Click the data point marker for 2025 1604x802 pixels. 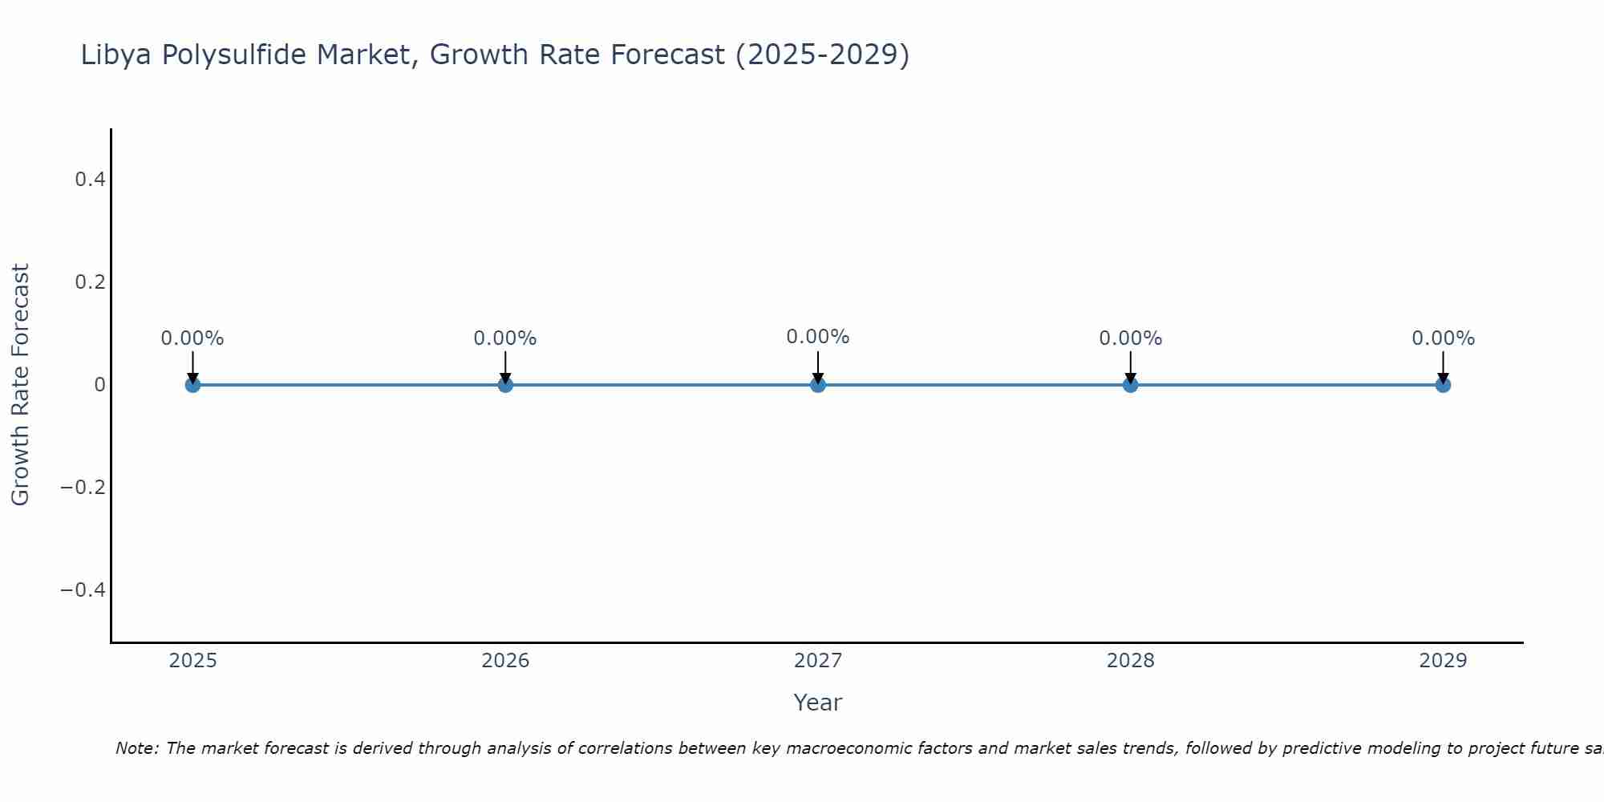[192, 385]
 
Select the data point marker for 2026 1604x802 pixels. [505, 385]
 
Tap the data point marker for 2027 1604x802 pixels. [818, 385]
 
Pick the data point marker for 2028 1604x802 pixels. [1130, 385]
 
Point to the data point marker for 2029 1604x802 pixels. [1443, 385]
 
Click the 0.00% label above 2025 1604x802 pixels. [192, 338]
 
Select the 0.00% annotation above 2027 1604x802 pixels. [818, 337]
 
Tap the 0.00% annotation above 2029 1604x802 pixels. [1443, 338]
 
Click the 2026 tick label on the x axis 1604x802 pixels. [505, 661]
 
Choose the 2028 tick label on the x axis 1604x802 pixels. [1130, 661]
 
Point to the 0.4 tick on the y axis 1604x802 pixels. [91, 180]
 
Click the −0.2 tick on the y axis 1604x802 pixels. [83, 488]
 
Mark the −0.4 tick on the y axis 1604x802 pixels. [83, 590]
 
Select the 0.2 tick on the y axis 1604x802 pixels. [91, 282]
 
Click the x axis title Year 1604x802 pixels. [817, 703]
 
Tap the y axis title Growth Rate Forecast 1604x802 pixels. [20, 385]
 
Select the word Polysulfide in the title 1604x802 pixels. [233, 55]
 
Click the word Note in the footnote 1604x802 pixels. [136, 748]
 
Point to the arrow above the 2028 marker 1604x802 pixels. [1130, 367]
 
